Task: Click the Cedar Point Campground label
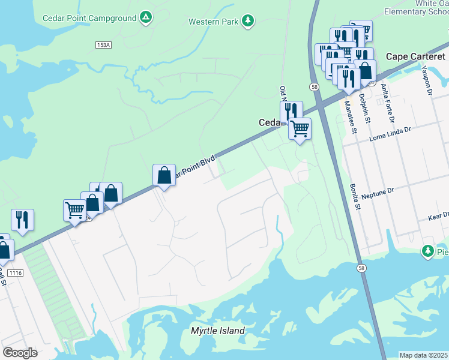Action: tap(89, 18)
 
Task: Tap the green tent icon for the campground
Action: tap(145, 18)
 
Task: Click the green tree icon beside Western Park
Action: tap(247, 22)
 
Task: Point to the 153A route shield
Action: tap(103, 45)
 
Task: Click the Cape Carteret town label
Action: tap(415, 56)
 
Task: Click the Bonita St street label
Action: tap(350, 197)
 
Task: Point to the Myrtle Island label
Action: tap(217, 331)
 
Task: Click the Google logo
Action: tap(20, 353)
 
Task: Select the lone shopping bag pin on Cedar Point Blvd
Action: tap(164, 176)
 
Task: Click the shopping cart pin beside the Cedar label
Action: tap(300, 128)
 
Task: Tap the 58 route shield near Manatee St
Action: tap(314, 87)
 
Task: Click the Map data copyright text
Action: tap(424, 355)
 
